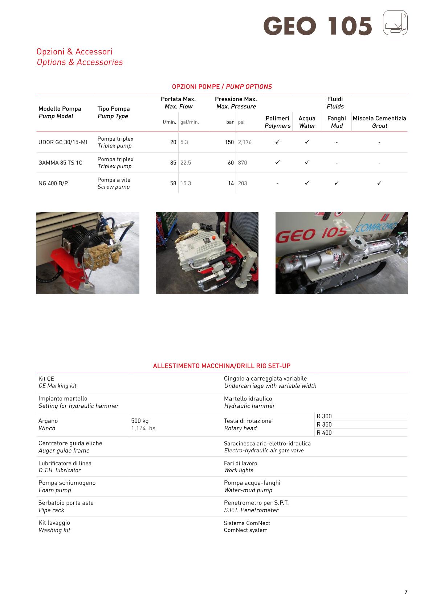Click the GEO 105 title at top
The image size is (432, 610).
coord(318,26)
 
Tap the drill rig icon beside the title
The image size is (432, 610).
coord(395,23)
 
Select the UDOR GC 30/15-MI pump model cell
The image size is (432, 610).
coord(63,142)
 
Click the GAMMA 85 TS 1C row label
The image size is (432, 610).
coord(60,163)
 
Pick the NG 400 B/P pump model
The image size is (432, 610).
coord(53,183)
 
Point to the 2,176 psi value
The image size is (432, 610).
coord(245,142)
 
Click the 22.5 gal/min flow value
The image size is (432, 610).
coord(186,163)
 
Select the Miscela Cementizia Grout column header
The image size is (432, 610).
coord(379,122)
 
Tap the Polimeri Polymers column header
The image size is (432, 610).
coord(277,122)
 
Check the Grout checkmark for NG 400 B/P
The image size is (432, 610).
coord(379,183)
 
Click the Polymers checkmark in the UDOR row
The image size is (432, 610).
coord(277,142)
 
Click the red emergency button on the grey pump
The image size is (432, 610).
coord(214,238)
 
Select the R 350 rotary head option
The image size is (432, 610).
coord(324,424)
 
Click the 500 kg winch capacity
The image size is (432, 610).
coord(140,421)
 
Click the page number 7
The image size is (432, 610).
coord(406,592)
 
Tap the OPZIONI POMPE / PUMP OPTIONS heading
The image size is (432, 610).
coord(222,87)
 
